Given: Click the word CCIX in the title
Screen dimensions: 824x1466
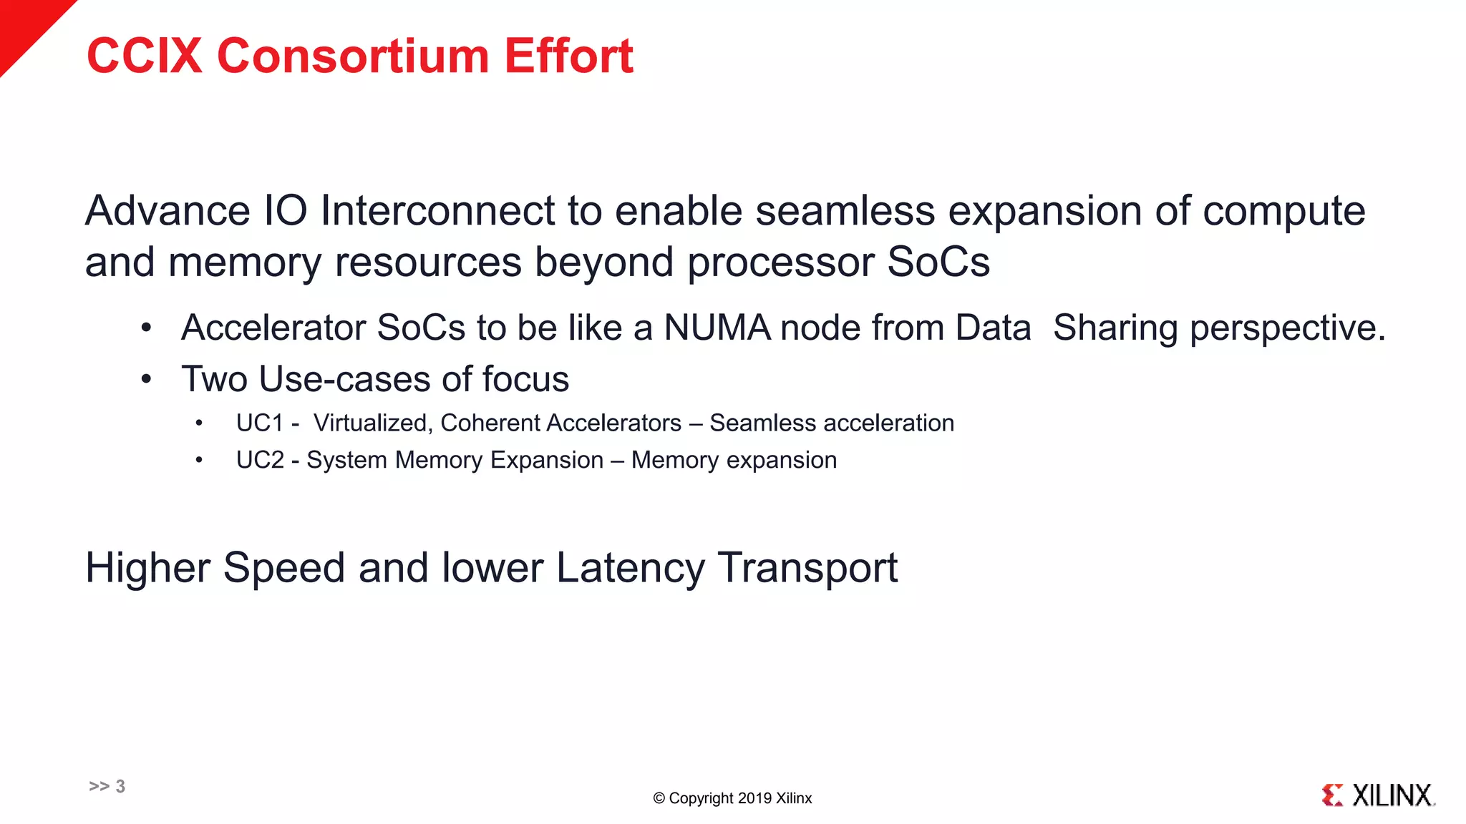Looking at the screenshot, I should point(144,56).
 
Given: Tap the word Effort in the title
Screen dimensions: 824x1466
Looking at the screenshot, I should point(568,56).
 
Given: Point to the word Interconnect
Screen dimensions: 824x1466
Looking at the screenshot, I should point(437,211).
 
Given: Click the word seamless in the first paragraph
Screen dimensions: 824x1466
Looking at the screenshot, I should point(845,211).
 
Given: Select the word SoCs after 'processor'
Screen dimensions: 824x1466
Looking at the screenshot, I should point(938,262).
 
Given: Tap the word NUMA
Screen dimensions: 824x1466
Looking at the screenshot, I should point(717,328).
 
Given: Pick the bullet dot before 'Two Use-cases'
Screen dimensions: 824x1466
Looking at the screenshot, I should point(146,379).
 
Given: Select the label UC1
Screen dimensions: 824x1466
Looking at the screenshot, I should point(260,423).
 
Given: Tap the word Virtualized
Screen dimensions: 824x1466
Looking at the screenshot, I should point(372,423).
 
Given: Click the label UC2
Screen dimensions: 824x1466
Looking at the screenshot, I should point(260,460).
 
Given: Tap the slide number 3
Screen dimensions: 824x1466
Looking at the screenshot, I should point(120,786).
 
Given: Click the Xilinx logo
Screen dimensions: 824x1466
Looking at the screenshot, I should point(1378,795).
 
